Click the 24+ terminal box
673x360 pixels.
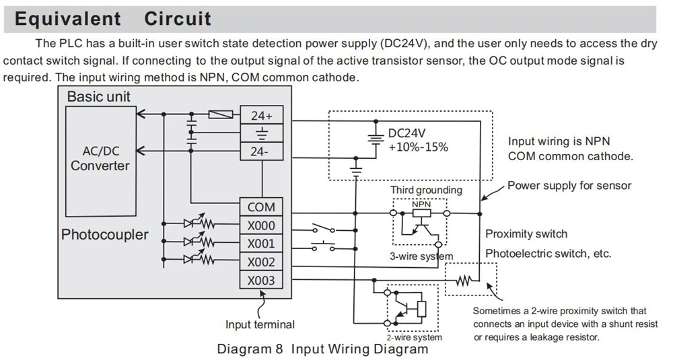click(261, 115)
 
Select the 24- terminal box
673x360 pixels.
click(261, 151)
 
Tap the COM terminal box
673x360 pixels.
click(261, 207)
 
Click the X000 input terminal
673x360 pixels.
click(261, 225)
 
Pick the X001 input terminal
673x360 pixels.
click(261, 244)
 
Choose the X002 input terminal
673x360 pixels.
click(261, 262)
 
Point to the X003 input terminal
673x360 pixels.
click(261, 280)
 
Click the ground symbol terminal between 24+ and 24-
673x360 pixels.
click(261, 133)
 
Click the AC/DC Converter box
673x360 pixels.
click(101, 161)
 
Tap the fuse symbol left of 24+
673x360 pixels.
click(221, 114)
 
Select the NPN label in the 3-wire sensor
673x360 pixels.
click(421, 205)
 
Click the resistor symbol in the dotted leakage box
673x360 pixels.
click(464, 281)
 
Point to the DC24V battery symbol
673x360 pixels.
click(376, 137)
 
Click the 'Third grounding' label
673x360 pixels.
click(426, 190)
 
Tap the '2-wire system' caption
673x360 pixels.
click(414, 337)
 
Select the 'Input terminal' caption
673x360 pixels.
click(260, 324)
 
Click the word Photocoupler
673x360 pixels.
click(105, 235)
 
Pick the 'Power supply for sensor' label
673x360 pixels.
click(569, 185)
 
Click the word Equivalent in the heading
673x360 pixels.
click(68, 19)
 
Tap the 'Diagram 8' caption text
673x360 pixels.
click(250, 349)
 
